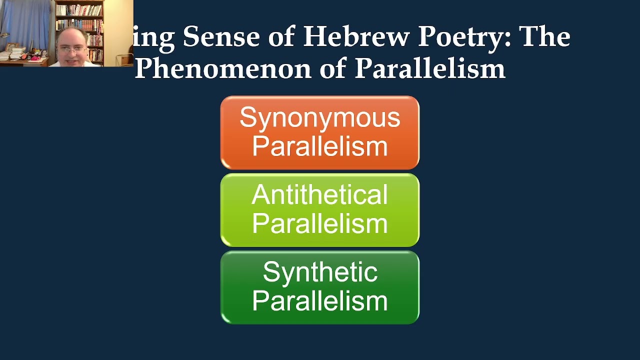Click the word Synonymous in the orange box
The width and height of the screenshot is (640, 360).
[319, 118]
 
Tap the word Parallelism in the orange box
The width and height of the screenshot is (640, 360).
[319, 146]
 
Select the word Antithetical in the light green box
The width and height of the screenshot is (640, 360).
[319, 195]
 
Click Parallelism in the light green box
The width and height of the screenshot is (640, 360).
[319, 223]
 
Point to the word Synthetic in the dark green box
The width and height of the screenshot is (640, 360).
[319, 273]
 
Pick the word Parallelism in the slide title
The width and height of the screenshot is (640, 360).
[429, 68]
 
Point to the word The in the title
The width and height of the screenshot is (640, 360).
[544, 37]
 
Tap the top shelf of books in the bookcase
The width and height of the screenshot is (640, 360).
[79, 9]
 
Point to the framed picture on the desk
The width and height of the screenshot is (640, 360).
[10, 46]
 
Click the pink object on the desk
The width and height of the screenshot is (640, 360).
[36, 57]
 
